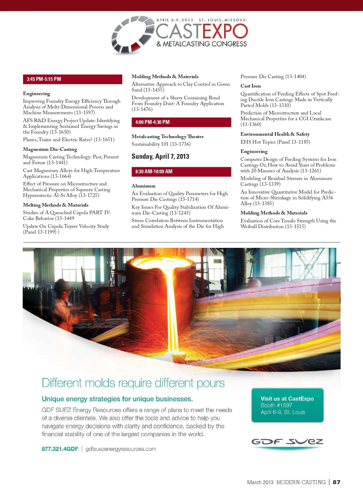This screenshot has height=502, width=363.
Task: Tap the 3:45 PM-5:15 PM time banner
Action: click(x=73, y=79)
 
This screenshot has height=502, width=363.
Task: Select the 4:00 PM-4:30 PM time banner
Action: click(x=181, y=122)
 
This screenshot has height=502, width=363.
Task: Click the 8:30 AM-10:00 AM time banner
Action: click(x=181, y=171)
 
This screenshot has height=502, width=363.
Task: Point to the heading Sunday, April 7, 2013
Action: click(x=160, y=157)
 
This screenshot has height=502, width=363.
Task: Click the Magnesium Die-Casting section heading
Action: click(x=50, y=149)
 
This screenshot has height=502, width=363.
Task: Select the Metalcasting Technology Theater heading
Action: click(x=168, y=137)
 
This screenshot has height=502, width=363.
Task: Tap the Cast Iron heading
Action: click(x=250, y=86)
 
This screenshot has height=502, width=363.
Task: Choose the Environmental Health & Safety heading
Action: click(x=275, y=134)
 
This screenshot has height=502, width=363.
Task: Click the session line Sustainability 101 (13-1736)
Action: click(x=161, y=144)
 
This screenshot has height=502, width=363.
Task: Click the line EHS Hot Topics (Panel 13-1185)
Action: click(x=275, y=142)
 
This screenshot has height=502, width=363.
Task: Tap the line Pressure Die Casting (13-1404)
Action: click(x=273, y=77)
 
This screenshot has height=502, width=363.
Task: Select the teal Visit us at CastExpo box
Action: click(x=287, y=405)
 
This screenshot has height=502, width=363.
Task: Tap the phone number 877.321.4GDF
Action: click(x=60, y=449)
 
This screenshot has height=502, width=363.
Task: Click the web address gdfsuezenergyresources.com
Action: click(x=121, y=449)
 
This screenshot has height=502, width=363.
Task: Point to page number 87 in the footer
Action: click(x=336, y=482)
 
